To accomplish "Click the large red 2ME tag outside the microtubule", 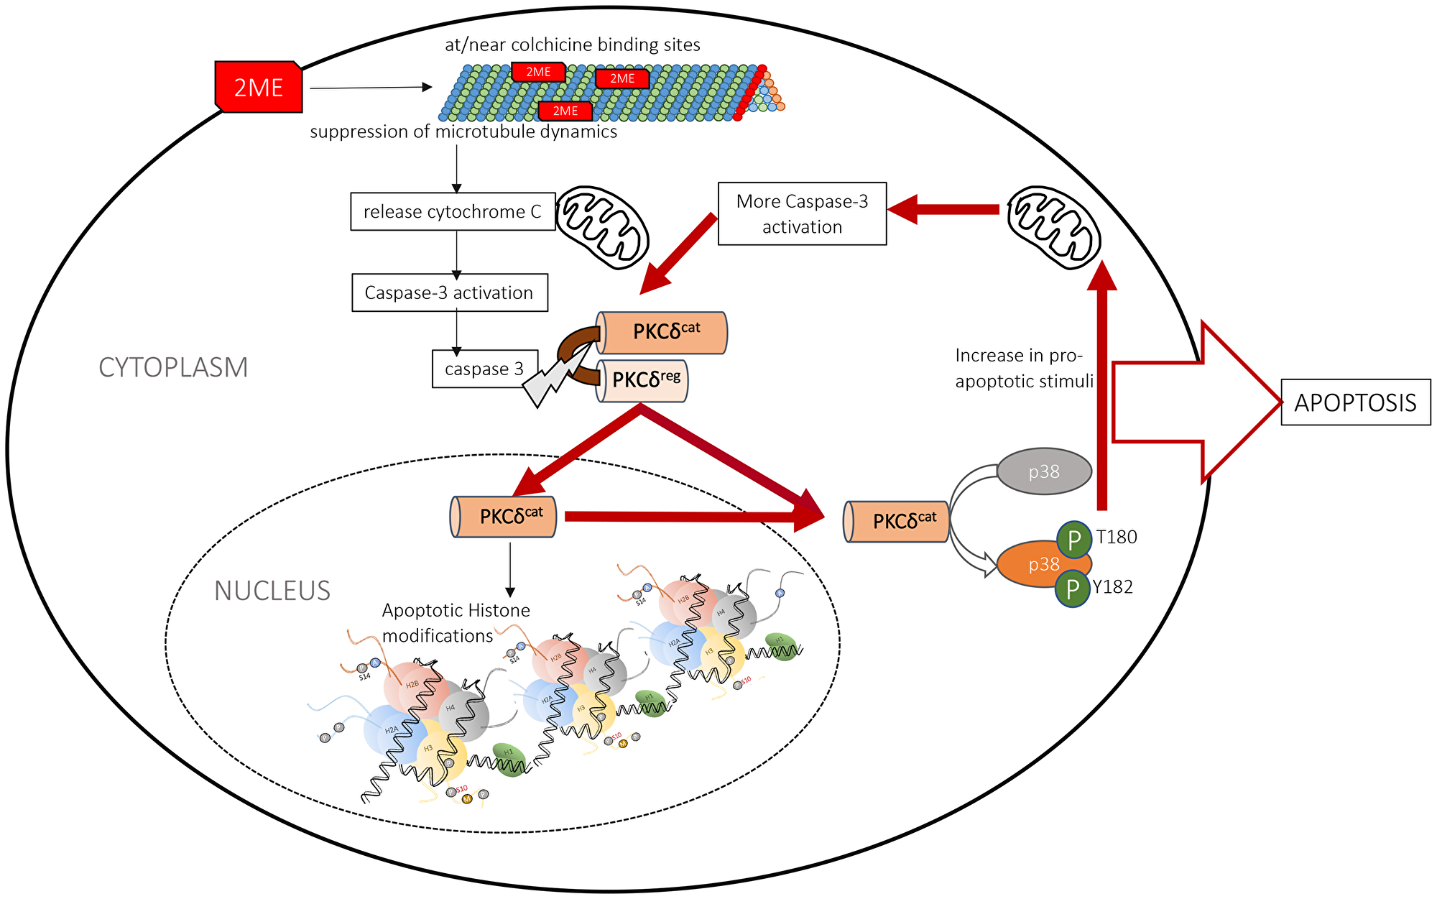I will pos(259,87).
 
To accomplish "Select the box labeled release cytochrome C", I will pos(452,211).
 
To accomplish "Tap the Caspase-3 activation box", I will pos(449,292).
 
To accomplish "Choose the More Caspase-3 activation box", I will pos(802,213).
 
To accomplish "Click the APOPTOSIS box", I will pos(1355,402).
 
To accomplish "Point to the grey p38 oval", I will pos(1044,471).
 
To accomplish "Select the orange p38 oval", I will pos(1035,565).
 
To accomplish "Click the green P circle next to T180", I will pos(1074,540).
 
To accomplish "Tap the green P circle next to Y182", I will pos(1072,589).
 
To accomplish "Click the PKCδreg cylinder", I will pos(643,380).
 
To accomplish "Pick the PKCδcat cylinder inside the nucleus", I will pos(504,517).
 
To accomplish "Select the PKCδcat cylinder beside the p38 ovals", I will pos(897,522).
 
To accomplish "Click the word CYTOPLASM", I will pos(173,367).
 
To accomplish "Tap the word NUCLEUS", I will pos(272,591).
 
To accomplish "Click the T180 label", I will pos(1116,537).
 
